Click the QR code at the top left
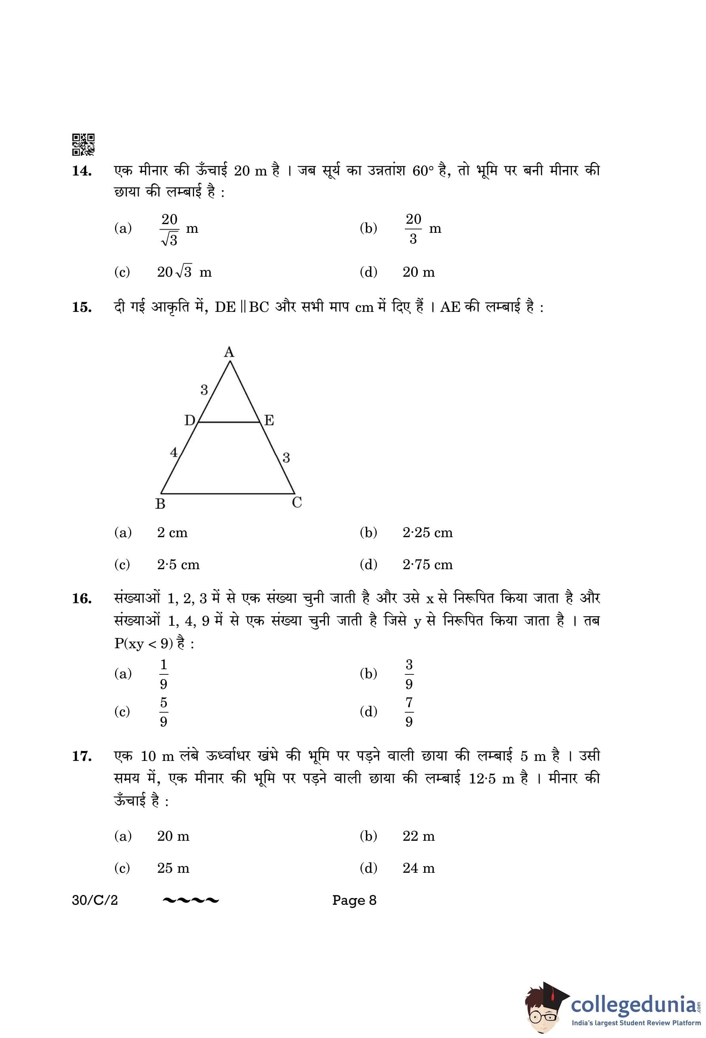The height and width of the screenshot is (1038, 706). (x=83, y=144)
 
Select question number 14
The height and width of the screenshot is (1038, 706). (x=82, y=171)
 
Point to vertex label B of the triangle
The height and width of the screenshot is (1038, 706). (x=160, y=504)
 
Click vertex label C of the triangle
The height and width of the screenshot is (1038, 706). (x=297, y=503)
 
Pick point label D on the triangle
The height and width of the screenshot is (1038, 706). (x=190, y=420)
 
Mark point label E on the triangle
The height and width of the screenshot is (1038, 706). (x=269, y=420)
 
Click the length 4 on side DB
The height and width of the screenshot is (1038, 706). (x=174, y=453)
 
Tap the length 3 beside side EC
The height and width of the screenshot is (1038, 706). (x=286, y=458)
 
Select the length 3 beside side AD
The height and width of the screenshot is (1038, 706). (x=204, y=390)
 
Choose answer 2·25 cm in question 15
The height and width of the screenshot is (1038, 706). (x=427, y=533)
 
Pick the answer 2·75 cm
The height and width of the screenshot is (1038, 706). (x=427, y=565)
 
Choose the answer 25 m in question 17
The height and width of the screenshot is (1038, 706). (x=173, y=868)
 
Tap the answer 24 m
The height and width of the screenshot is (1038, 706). (x=418, y=868)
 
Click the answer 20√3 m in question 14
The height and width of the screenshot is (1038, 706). (x=184, y=272)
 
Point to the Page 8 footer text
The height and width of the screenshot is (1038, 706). (x=354, y=900)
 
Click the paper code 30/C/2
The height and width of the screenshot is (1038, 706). (x=94, y=900)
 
